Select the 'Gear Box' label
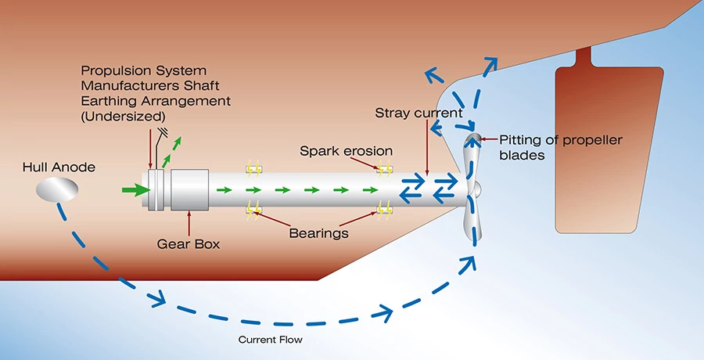pyautogui.click(x=187, y=244)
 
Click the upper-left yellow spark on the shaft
pyautogui.click(x=253, y=167)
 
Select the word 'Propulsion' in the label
pyautogui.click(x=114, y=72)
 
